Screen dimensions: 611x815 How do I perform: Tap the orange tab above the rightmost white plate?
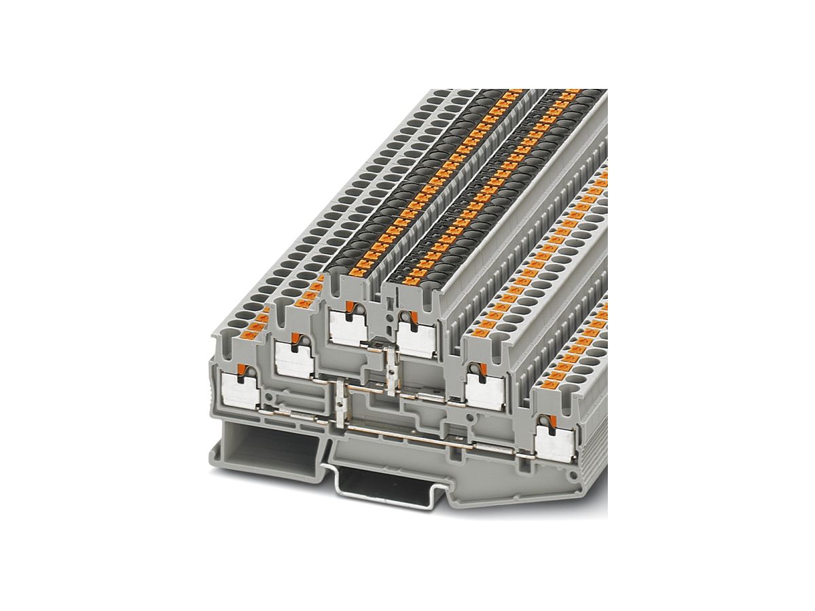(x=545, y=420)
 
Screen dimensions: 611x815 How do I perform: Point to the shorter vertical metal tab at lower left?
(x=339, y=401)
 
